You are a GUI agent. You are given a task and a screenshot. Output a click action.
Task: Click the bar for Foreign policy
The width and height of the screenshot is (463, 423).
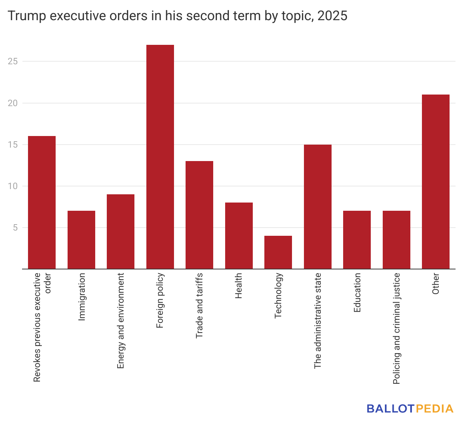pyautogui.click(x=160, y=157)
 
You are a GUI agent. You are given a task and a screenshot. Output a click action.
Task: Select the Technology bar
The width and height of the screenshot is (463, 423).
pyautogui.click(x=278, y=252)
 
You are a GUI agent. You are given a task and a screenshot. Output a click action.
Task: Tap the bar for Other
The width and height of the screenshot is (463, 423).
pyautogui.click(x=436, y=182)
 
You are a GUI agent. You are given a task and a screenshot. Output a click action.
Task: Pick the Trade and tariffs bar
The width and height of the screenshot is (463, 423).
pyautogui.click(x=199, y=215)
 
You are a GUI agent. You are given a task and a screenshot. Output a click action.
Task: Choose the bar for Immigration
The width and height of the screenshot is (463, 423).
pyautogui.click(x=81, y=240)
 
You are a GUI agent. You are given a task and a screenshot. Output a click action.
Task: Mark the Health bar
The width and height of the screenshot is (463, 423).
pyautogui.click(x=239, y=235)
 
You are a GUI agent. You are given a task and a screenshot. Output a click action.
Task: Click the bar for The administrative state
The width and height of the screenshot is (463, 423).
pyautogui.click(x=318, y=207)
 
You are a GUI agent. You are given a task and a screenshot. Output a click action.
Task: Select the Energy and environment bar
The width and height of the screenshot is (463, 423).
pyautogui.click(x=121, y=232)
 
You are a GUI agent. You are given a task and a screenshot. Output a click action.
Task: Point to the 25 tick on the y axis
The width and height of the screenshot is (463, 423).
pyautogui.click(x=13, y=61)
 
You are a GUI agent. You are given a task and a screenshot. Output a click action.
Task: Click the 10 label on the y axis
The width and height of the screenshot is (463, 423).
pyautogui.click(x=13, y=186)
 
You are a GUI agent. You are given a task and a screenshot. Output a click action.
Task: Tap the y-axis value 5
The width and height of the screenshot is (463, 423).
pyautogui.click(x=15, y=228)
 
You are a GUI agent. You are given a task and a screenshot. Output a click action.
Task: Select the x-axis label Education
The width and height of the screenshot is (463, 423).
pyautogui.click(x=357, y=293)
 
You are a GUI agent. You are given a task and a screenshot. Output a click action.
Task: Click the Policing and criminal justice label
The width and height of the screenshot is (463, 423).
pyautogui.click(x=397, y=328)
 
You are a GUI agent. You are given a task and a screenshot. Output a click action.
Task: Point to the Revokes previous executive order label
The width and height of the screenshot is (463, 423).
pyautogui.click(x=42, y=327)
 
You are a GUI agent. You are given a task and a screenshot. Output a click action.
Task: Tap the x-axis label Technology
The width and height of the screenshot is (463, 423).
pyautogui.click(x=278, y=296)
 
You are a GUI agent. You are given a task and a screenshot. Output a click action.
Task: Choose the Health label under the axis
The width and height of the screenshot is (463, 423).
pyautogui.click(x=239, y=286)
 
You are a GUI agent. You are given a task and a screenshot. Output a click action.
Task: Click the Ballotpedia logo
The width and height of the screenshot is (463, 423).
pyautogui.click(x=410, y=408)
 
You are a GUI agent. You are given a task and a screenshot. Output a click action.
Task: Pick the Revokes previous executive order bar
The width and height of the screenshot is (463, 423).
pyautogui.click(x=42, y=203)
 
